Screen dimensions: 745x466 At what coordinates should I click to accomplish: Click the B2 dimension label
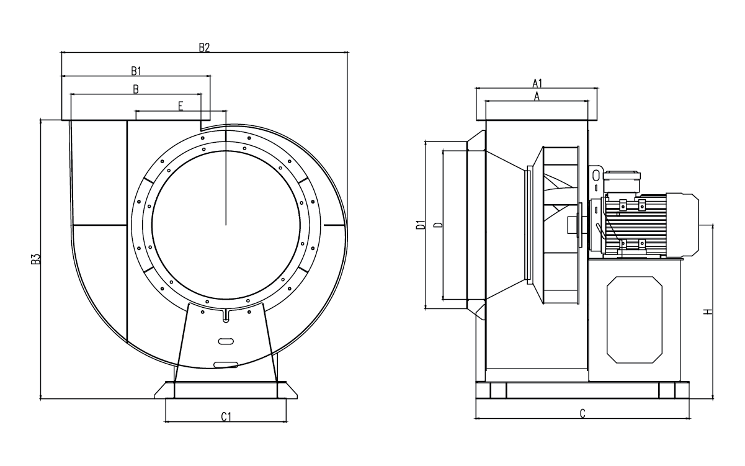click(x=204, y=48)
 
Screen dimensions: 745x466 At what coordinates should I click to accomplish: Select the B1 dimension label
click(x=136, y=71)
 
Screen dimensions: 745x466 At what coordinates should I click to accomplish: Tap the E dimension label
click(x=181, y=106)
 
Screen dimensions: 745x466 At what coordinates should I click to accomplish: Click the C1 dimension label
click(x=226, y=416)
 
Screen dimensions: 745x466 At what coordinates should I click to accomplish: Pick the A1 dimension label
click(x=537, y=83)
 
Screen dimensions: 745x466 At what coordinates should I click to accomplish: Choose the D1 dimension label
click(x=421, y=225)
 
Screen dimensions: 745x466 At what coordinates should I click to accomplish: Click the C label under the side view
click(x=582, y=413)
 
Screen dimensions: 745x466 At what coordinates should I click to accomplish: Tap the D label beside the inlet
click(x=439, y=225)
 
